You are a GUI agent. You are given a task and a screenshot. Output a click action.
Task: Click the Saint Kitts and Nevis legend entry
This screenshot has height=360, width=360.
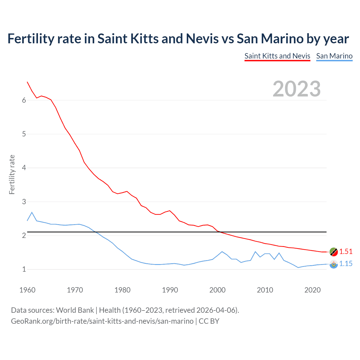tap(277, 56)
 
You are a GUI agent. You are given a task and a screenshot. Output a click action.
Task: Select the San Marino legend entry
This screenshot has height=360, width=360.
tap(334, 56)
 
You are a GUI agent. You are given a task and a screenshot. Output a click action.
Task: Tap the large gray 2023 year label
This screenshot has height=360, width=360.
tap(296, 89)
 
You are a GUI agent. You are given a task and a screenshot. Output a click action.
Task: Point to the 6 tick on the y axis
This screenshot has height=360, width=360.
tap(24, 100)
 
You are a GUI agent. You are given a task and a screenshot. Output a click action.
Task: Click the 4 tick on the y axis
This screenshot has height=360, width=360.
tap(24, 168)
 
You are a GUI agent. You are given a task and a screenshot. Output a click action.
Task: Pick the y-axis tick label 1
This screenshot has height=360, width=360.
tap(24, 269)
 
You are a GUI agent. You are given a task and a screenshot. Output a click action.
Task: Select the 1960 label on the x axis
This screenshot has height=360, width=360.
tap(27, 290)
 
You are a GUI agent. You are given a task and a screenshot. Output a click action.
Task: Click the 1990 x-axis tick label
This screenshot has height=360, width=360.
tap(170, 290)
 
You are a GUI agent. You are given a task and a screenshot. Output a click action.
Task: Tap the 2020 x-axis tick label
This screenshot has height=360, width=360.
tap(312, 290)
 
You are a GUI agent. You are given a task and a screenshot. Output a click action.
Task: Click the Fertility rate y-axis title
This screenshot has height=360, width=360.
tap(12, 174)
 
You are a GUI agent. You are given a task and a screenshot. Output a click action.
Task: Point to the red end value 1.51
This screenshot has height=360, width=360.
tap(346, 251)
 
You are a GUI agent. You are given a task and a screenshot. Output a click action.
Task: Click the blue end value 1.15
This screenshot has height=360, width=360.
tap(346, 264)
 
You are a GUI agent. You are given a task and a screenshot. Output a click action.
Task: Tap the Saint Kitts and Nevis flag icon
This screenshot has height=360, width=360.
tap(334, 252)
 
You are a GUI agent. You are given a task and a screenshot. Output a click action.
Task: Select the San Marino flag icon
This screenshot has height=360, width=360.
tap(334, 264)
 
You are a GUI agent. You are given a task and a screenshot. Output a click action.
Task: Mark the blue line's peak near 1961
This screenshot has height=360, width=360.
tap(32, 212)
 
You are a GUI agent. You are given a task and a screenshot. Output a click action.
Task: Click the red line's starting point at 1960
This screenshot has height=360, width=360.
tap(27, 82)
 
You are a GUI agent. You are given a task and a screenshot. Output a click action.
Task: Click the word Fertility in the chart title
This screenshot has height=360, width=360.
tap(30, 39)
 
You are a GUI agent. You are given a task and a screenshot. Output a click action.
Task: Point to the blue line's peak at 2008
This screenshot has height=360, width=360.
tap(255, 252)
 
